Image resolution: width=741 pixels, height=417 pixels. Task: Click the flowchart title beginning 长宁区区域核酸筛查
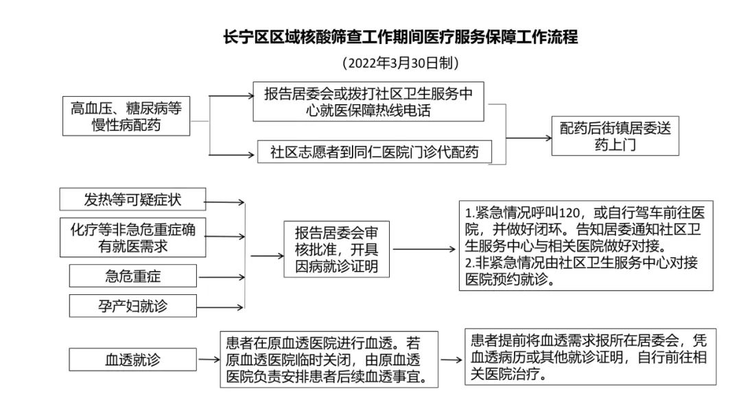400,37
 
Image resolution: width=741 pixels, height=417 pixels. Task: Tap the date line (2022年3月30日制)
400,63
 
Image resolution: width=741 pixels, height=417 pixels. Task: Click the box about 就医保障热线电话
369,101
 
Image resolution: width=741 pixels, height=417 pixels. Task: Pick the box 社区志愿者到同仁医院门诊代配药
375,152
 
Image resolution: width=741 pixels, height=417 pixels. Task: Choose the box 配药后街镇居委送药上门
615,136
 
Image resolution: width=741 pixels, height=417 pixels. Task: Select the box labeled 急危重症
132,276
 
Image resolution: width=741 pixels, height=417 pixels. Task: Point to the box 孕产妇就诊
132,306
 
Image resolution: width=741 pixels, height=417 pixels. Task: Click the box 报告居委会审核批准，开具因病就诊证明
336,248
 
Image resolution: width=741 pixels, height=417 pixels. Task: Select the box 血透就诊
132,359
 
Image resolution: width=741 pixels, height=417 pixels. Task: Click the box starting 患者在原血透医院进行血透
329,359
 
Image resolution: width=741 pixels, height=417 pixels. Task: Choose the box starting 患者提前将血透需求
589,357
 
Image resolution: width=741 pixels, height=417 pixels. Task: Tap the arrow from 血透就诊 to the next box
208,359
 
